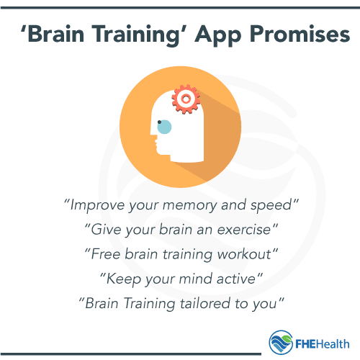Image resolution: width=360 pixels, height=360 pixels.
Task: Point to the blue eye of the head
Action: (x=164, y=127)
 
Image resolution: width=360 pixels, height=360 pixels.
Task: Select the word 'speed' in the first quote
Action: (x=275, y=204)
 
